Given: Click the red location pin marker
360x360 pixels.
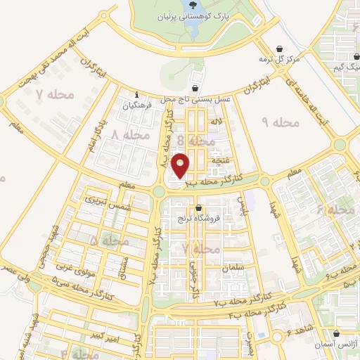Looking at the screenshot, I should pos(183,165).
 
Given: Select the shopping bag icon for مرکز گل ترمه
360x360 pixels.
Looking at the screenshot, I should pos(281,49).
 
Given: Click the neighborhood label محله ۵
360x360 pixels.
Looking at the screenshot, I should pos(104,240).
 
